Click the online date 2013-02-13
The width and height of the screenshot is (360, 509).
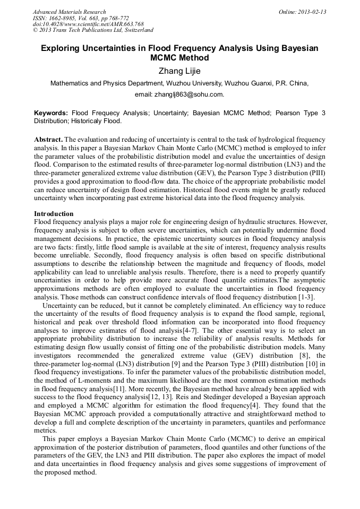click(x=310, y=12)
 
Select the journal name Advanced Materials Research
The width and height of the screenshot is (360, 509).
click(x=69, y=12)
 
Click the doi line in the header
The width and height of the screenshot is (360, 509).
click(x=88, y=24)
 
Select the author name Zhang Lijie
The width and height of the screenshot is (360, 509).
click(x=179, y=71)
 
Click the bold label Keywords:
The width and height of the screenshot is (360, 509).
click(x=51, y=113)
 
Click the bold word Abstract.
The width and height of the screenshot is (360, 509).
click(x=48, y=139)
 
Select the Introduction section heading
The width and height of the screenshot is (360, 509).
click(x=54, y=214)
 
